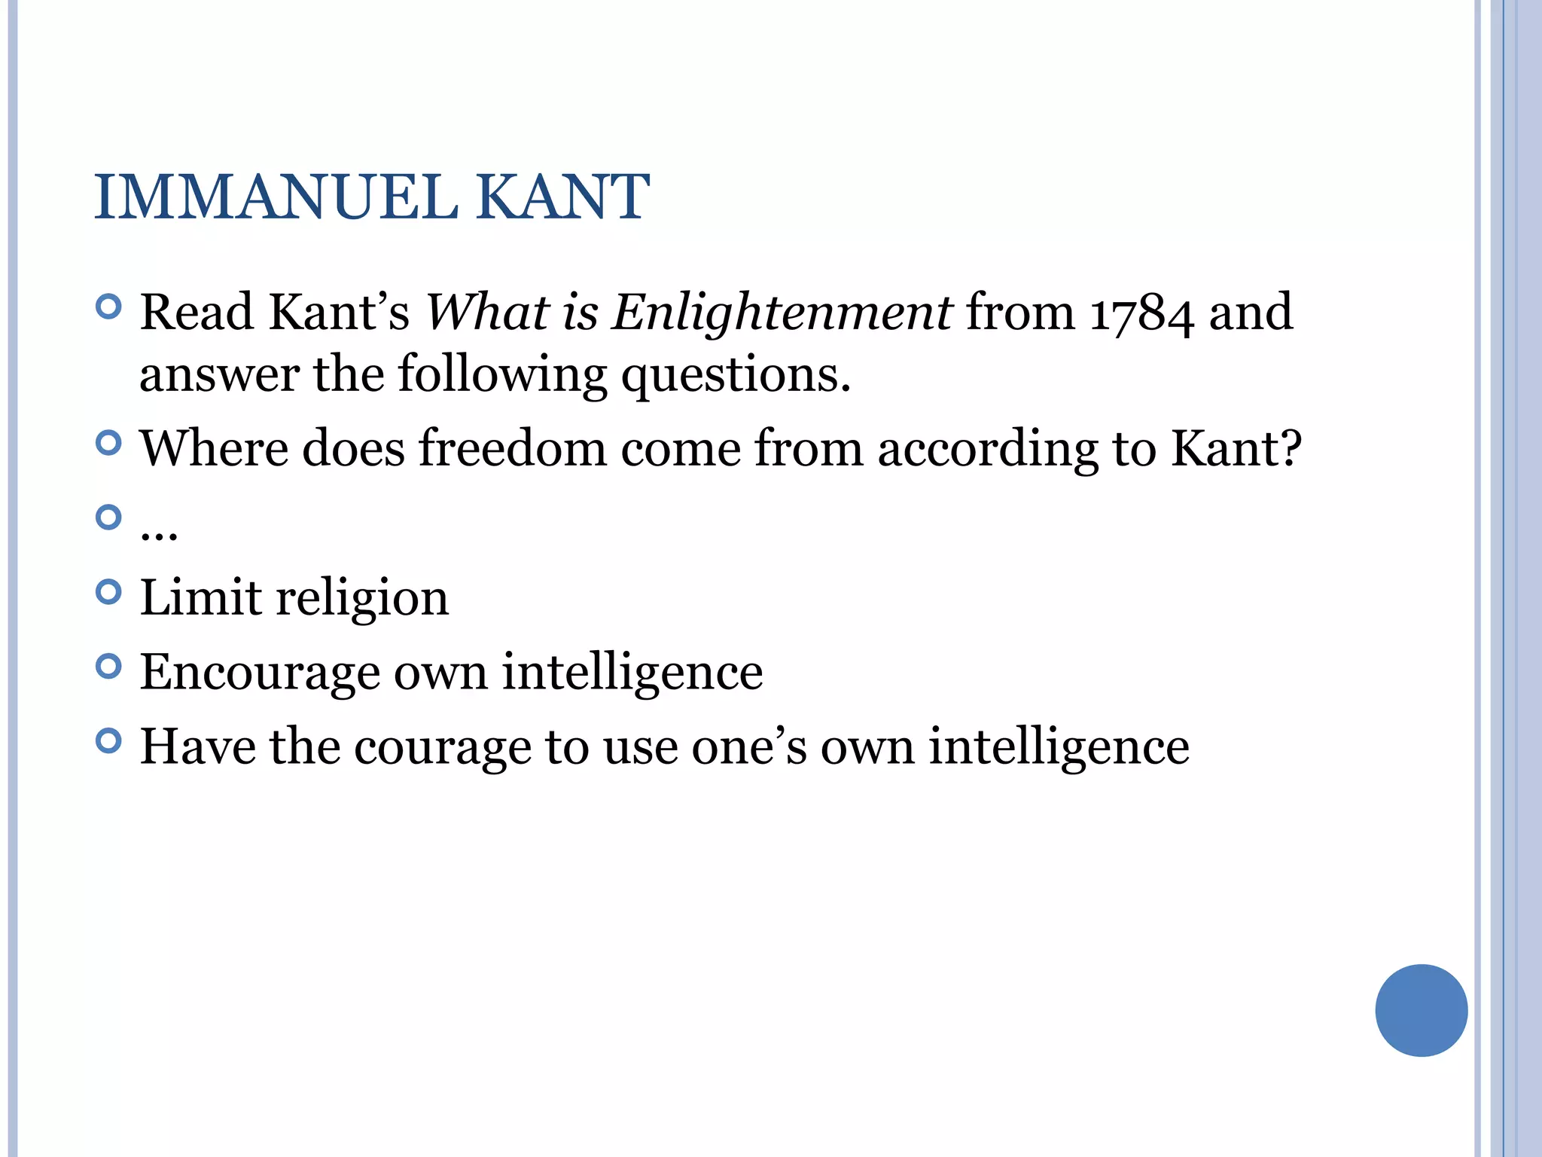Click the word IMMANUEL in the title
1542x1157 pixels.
(276, 197)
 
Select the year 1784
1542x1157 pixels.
(1141, 313)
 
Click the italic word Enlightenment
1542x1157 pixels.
(782, 313)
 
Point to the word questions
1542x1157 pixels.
(736, 374)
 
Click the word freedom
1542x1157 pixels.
(512, 448)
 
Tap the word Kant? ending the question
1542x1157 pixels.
(1236, 448)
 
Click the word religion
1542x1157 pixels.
(362, 598)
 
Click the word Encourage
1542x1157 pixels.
(260, 672)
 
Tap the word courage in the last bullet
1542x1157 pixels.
(442, 746)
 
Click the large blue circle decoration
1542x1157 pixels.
(1421, 1010)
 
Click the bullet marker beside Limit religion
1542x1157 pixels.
(109, 592)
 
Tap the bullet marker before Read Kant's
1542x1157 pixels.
(109, 307)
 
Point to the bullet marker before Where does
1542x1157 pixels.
(109, 443)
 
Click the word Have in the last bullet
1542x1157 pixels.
(198, 746)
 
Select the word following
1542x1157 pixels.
(501, 374)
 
